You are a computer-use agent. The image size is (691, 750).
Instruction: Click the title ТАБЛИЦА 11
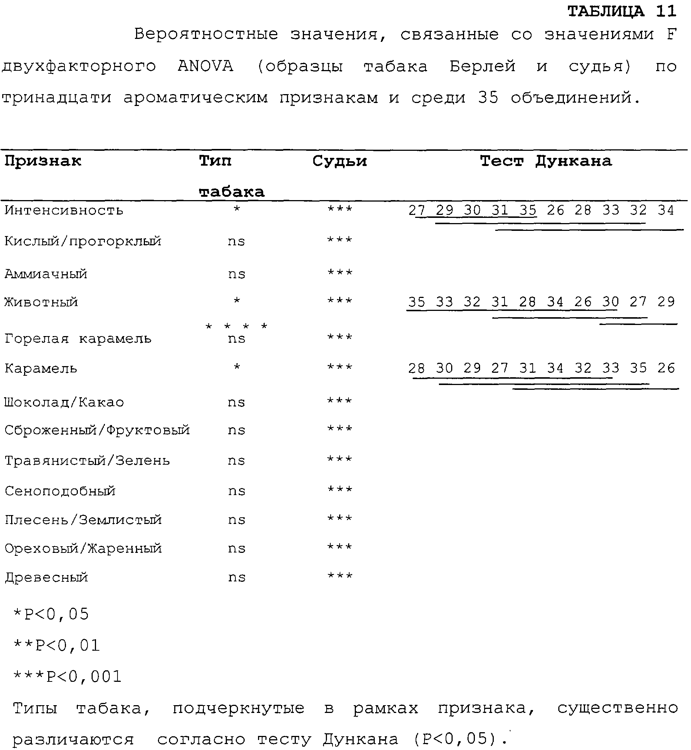coord(622,11)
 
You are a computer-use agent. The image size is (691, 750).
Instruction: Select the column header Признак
coord(43,161)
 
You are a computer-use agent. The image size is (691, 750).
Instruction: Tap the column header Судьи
coord(340,161)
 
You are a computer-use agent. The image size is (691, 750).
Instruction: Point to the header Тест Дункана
coord(546,161)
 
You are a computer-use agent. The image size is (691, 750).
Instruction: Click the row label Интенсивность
coord(63,210)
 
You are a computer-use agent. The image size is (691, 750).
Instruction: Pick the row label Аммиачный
coord(46,274)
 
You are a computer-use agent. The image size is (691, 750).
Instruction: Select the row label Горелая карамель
coord(78,339)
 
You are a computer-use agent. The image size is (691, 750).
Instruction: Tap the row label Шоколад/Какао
coord(64,402)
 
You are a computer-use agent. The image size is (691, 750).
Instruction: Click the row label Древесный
coord(46,578)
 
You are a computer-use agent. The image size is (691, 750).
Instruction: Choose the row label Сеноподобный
coord(60,491)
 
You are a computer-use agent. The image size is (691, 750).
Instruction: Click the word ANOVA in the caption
coord(205,66)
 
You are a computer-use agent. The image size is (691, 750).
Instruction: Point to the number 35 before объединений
coord(488,97)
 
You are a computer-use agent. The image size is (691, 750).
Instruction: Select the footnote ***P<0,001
coord(67,677)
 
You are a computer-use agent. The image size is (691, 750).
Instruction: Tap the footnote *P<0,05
coord(51,614)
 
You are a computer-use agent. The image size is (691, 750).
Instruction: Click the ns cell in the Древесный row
coord(237,578)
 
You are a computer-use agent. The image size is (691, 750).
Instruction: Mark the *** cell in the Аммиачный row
coord(340,272)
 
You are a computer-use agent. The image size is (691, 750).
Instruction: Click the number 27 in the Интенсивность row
coord(417,210)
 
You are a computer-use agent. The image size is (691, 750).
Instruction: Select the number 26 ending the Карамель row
coord(666,368)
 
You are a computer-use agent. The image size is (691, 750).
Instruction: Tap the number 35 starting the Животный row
coord(417,302)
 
